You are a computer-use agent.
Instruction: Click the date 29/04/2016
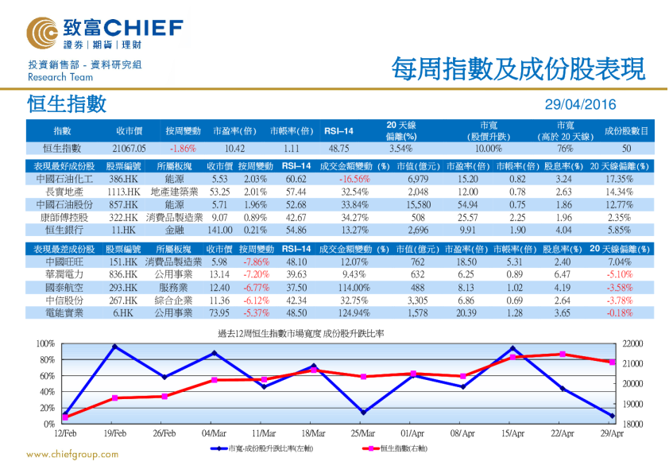tap(580, 105)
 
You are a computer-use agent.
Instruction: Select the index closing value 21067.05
tap(129, 148)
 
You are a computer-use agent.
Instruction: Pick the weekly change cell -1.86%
tap(183, 148)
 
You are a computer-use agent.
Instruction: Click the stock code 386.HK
tap(123, 179)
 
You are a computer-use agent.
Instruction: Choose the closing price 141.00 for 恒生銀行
tap(219, 230)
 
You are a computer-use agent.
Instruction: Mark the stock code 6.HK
tap(123, 312)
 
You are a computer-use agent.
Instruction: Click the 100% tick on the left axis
tap(44, 343)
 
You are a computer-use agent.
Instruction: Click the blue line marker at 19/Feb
tap(115, 347)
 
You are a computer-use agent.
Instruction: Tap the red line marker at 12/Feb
tap(65, 417)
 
